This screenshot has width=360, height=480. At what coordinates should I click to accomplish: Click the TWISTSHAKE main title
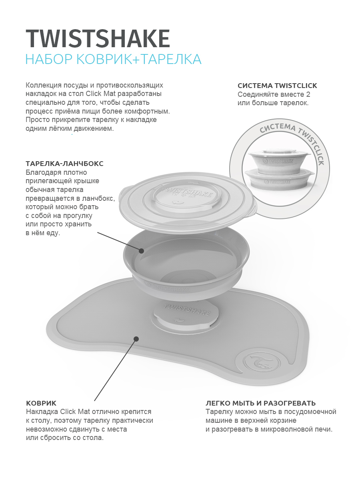click(x=98, y=38)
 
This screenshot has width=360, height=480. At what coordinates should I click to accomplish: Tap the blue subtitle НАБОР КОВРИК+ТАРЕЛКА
click(x=114, y=59)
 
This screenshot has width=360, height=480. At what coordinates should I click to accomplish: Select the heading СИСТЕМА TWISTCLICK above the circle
click(x=277, y=86)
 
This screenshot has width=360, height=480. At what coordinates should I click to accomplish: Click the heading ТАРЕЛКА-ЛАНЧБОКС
click(x=64, y=164)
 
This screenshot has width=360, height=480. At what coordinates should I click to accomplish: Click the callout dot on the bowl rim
click(x=142, y=251)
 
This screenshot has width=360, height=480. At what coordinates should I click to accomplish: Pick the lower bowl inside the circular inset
click(x=280, y=179)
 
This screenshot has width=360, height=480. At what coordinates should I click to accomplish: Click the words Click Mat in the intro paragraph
click(x=103, y=94)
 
